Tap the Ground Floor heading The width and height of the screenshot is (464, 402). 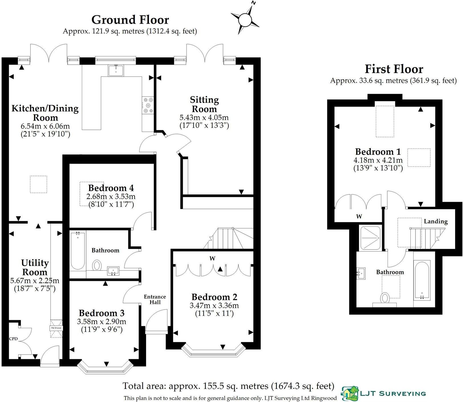tap(130, 20)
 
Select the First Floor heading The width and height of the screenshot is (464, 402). tap(394, 69)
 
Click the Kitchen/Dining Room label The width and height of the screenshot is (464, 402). tap(45, 113)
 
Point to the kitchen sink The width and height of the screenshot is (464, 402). tap(116, 70)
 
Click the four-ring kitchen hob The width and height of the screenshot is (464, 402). tap(148, 105)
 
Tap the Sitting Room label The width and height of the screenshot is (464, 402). tap(204, 104)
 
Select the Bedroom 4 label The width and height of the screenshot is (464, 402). tap(111, 188)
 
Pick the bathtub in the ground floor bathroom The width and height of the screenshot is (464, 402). tap(78, 251)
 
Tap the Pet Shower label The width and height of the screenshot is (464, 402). tap(56, 328)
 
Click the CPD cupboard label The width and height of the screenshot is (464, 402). tap(13, 339)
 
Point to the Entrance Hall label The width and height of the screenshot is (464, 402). tap(155, 299)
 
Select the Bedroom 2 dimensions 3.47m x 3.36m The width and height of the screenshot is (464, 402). tap(214, 306)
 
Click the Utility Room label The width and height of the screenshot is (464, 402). tap(35, 267)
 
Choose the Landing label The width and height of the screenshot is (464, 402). tap(435, 221)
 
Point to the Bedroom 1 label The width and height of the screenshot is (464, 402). tap(378, 151)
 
